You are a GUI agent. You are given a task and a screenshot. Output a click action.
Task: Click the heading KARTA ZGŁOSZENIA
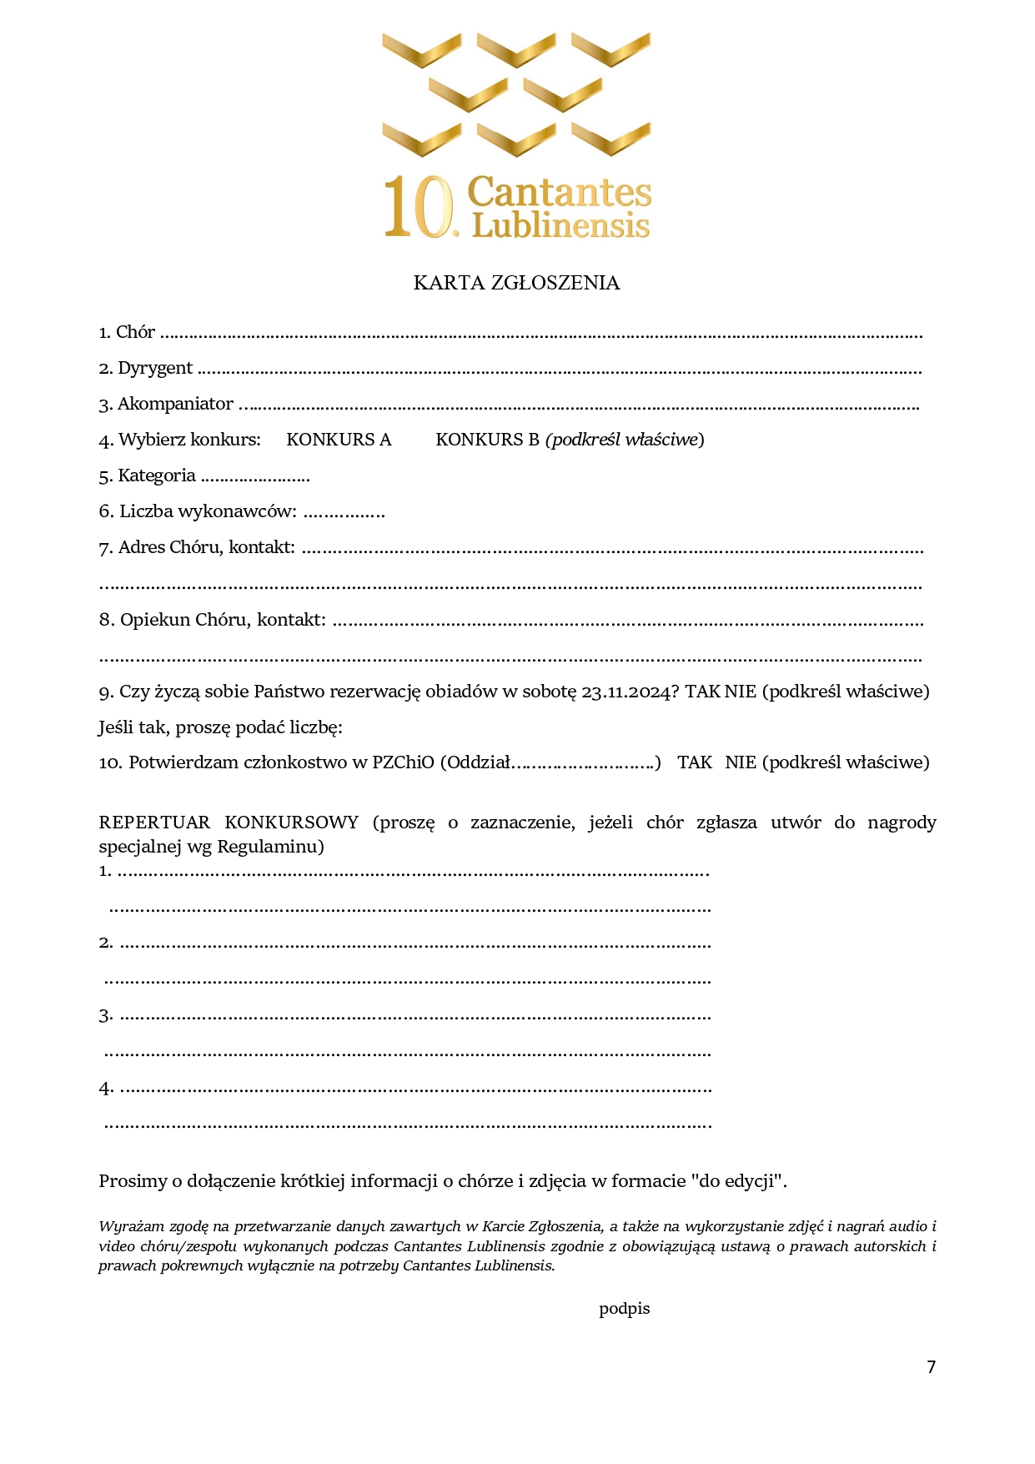516,283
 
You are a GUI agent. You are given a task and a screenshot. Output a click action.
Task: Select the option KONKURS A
339,440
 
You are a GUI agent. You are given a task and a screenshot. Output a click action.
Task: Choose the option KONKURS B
487,440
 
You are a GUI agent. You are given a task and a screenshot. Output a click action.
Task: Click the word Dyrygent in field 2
155,369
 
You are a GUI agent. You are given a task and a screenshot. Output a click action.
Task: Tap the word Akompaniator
175,405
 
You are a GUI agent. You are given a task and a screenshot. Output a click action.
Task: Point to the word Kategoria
157,475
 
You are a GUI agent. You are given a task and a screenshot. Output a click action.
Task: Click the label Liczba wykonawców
208,511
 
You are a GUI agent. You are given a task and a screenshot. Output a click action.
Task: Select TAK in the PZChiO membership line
695,762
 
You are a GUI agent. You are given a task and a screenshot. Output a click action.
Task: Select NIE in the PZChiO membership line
741,762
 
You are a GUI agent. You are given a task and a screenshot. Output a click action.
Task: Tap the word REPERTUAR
154,823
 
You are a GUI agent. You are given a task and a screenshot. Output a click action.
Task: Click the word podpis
624,1309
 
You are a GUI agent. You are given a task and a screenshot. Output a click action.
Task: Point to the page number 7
931,1366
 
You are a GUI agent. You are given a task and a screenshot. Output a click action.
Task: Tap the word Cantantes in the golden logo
559,192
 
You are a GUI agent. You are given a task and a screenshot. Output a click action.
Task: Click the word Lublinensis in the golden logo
560,226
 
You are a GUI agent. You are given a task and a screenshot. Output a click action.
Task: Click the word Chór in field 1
135,332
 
